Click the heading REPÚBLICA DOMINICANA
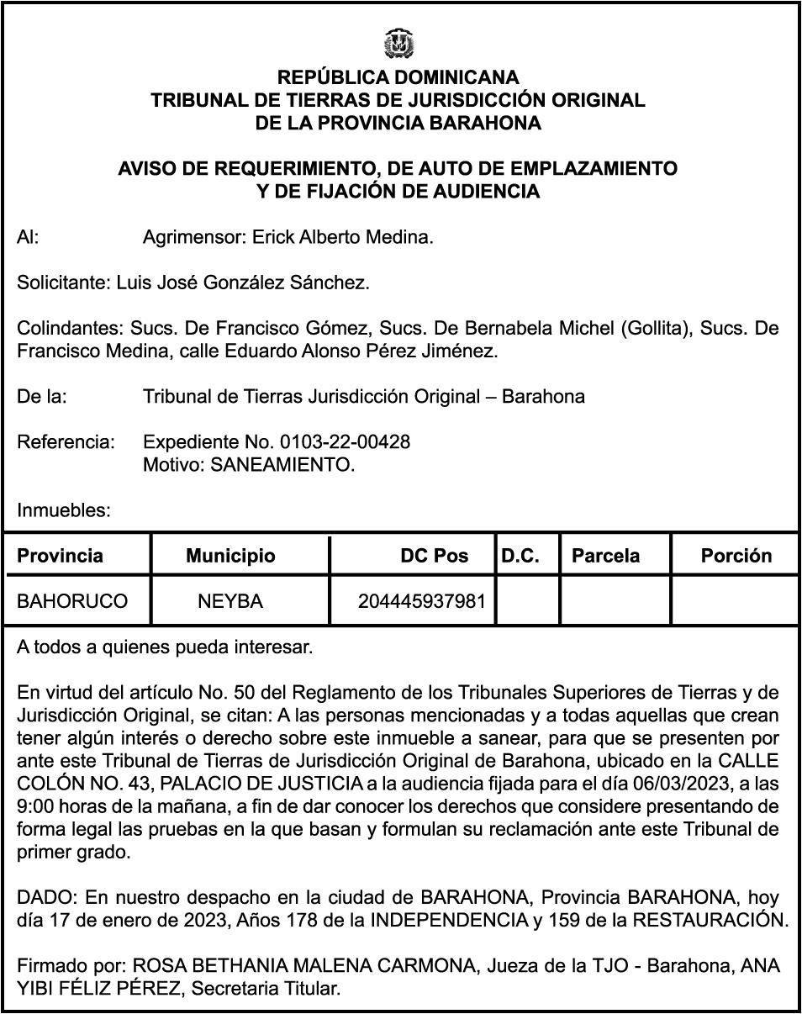pyautogui.click(x=398, y=78)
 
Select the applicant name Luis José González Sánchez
pyautogui.click(x=242, y=283)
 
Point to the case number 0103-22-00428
pyautogui.click(x=345, y=441)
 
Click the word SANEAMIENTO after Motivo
pyautogui.click(x=282, y=465)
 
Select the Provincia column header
pyautogui.click(x=61, y=556)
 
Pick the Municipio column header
pyautogui.click(x=230, y=556)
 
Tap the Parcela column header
pyautogui.click(x=605, y=556)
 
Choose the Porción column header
pyautogui.click(x=736, y=556)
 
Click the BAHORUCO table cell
pyautogui.click(x=72, y=602)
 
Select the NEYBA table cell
pyautogui.click(x=230, y=602)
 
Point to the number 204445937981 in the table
pyautogui.click(x=422, y=602)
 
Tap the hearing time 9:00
pyautogui.click(x=35, y=805)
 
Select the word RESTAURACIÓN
pyautogui.click(x=710, y=920)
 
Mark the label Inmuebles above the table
pyautogui.click(x=64, y=510)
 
